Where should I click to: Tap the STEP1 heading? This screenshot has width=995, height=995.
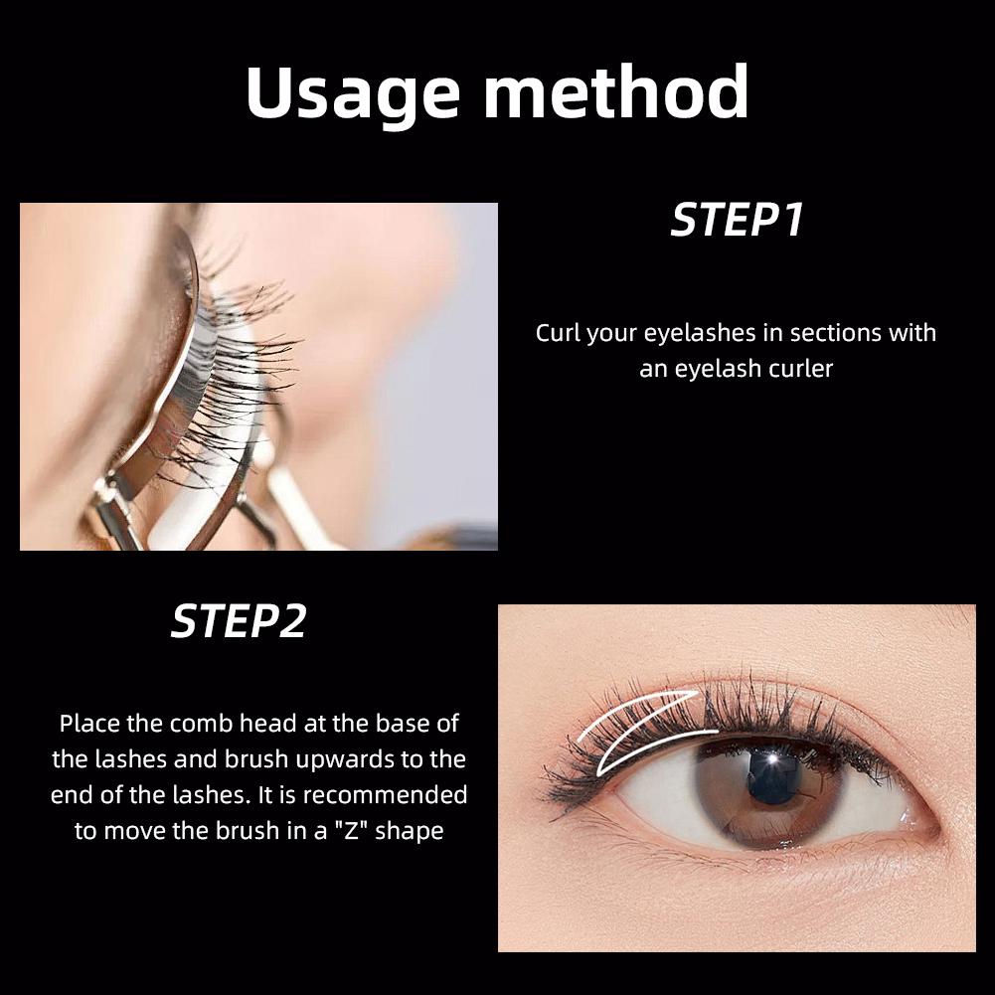(737, 221)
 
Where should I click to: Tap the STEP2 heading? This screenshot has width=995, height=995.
(239, 622)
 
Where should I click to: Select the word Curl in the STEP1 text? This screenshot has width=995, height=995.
(558, 332)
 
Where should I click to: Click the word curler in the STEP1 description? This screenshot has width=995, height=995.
(800, 369)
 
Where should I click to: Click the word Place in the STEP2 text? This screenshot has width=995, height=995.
(87, 724)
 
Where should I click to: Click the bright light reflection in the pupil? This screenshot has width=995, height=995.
(767, 763)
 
